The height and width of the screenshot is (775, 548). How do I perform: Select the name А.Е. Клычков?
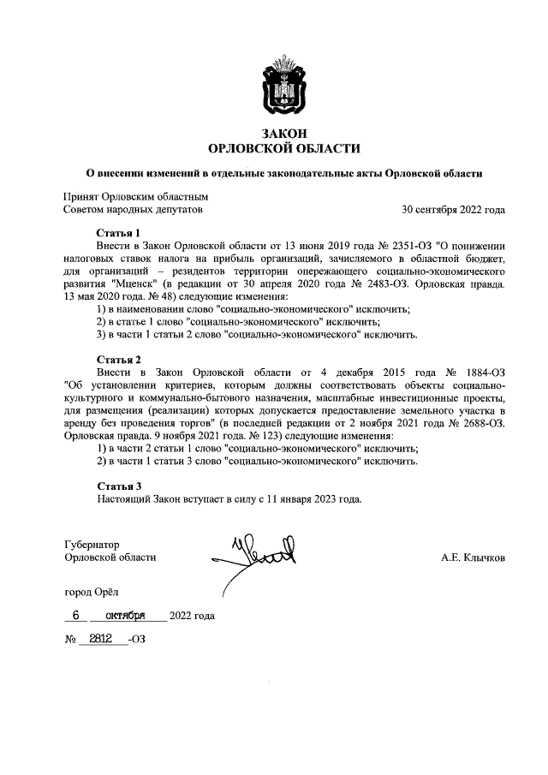(x=473, y=557)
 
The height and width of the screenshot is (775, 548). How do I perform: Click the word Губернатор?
(x=92, y=544)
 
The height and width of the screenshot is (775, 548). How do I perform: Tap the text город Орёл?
(x=93, y=592)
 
